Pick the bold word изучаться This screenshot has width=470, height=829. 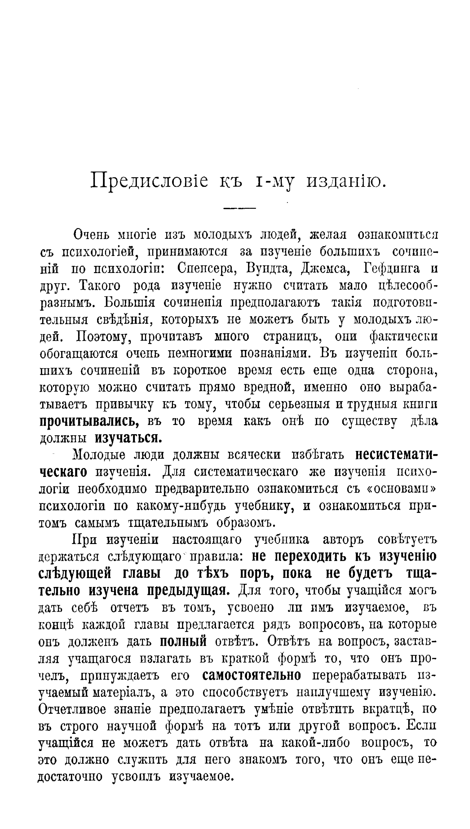[128, 438]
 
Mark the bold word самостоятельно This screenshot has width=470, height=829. [252, 675]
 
